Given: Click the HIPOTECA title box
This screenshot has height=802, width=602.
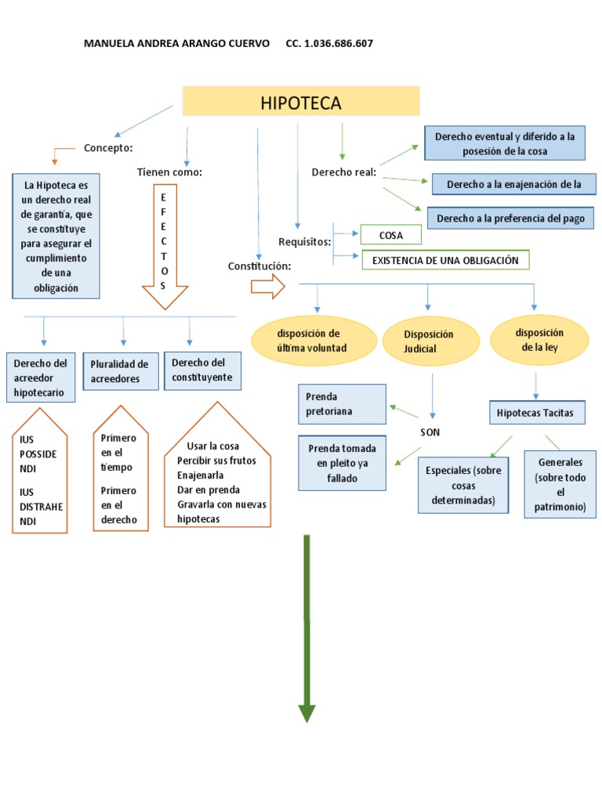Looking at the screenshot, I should coord(301,102).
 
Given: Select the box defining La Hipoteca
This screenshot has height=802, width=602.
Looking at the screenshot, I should coord(56,236).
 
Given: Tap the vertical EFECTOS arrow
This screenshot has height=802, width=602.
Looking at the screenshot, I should coord(164,246).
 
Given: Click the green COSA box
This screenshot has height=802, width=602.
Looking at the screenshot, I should coord(390,234).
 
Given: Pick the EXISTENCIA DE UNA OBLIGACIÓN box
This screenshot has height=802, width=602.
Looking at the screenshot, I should coord(444,260).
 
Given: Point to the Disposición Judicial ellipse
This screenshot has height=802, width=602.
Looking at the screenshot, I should coord(430,341).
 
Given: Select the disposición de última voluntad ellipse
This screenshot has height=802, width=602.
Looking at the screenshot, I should coord(314,341).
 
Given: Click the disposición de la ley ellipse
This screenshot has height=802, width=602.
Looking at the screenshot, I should coord(539,340).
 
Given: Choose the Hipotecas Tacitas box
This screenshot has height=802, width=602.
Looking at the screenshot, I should coord(535,412).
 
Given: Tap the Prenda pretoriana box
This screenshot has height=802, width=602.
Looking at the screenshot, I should coord(342,403).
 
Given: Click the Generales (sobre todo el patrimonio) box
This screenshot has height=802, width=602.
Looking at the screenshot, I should coord(560,484).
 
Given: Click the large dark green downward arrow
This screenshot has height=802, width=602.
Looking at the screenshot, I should coord(306,627).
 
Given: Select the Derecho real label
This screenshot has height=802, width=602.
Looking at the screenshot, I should coord(343,172).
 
